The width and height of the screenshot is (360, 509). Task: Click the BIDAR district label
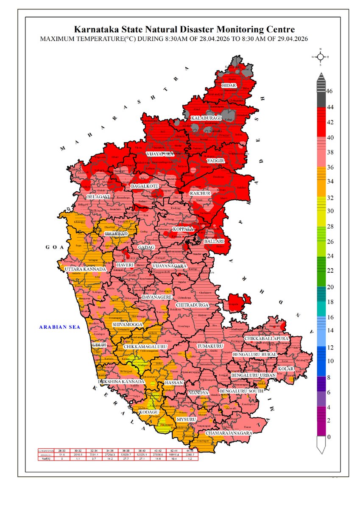(229, 86)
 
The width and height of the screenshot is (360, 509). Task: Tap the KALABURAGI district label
(206, 117)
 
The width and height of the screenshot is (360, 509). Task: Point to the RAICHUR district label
(201, 193)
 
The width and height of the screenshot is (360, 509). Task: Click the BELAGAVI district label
(98, 197)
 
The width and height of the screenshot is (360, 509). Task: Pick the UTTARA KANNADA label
(85, 269)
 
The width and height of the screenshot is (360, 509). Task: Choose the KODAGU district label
(149, 412)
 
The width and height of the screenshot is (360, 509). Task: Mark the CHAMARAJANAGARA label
(229, 433)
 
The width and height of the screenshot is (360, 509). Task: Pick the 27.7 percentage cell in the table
(128, 458)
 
